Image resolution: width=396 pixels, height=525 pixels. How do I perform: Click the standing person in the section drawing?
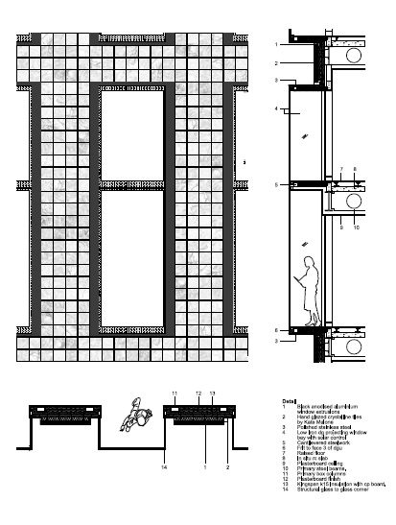[309, 292]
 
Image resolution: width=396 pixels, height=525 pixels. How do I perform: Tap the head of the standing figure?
[310, 262]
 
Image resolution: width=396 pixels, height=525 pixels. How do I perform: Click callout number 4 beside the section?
[275, 109]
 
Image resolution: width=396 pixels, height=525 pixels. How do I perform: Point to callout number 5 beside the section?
[275, 184]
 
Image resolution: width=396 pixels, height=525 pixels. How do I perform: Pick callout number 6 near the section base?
[275, 329]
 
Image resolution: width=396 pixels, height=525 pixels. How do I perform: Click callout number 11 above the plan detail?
[175, 394]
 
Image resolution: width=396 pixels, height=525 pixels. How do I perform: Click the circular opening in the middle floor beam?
[354, 201]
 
